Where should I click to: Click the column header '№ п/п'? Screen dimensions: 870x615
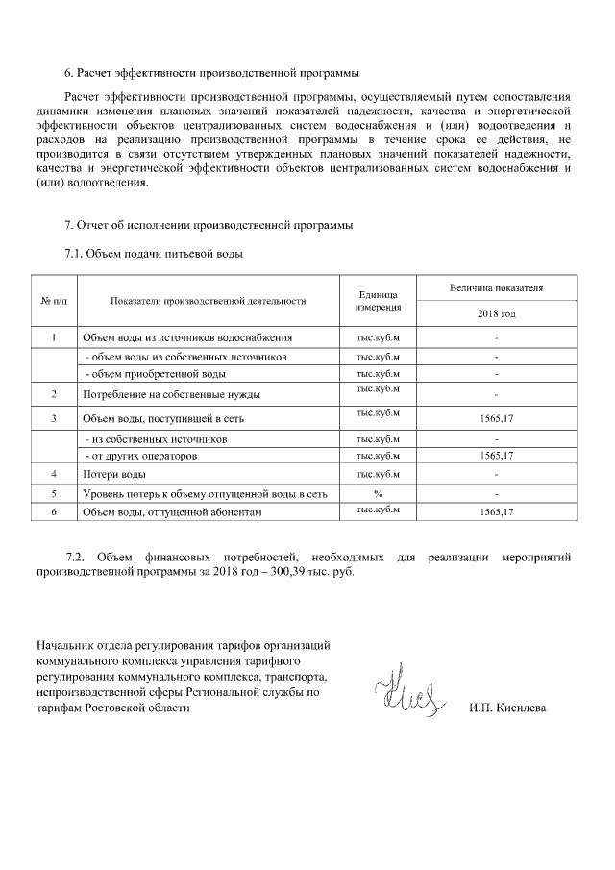pyautogui.click(x=54, y=301)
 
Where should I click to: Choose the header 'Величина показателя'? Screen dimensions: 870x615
pyautogui.click(x=496, y=287)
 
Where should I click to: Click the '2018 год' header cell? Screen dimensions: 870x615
pyautogui.click(x=496, y=313)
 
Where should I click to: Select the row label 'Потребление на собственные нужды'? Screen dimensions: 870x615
pyautogui.click(x=171, y=394)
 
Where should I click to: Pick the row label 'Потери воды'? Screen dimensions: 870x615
pyautogui.click(x=114, y=475)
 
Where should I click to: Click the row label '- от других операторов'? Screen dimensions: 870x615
pyautogui.click(x=140, y=456)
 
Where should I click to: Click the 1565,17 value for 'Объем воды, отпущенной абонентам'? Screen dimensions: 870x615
pyautogui.click(x=496, y=513)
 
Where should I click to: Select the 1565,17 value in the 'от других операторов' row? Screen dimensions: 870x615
pyautogui.click(x=496, y=456)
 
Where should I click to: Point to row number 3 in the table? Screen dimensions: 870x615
pyautogui.click(x=54, y=417)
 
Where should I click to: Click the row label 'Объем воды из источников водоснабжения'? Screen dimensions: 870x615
pyautogui.click(x=186, y=337)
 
